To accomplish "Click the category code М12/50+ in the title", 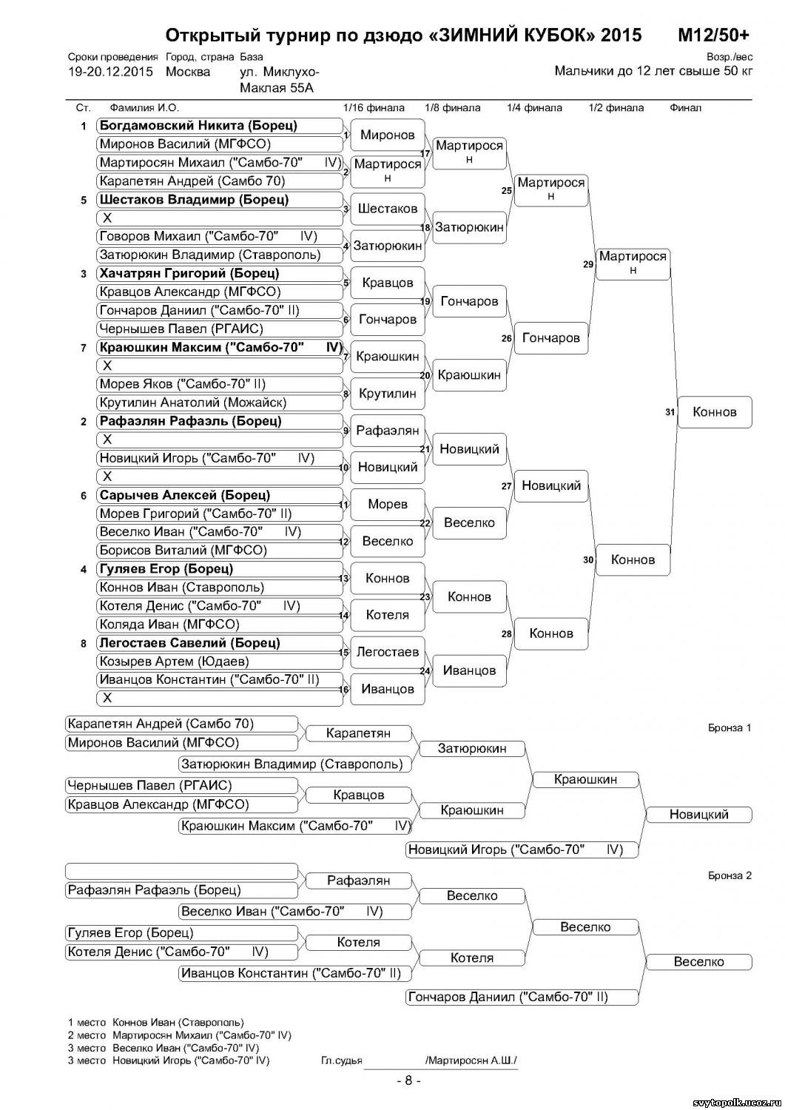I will pos(713,36).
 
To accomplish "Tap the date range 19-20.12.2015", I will pos(110,72).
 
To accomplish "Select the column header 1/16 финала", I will pos(374,108).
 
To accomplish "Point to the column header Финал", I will pos(685,108).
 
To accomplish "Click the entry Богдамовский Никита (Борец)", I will pos(198,126).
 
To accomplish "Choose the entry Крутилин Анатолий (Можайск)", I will pos(192,403).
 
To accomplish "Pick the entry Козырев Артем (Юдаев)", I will pos(174,662).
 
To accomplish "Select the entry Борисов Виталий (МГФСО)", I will pos(183,551).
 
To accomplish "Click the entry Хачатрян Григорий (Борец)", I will pos(189,274).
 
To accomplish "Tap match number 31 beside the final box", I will pos(670,412).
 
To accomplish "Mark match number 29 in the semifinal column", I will pos(588,264).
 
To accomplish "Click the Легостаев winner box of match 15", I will pos(388,652).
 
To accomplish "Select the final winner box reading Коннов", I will pos(715,412).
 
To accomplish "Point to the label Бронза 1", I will pos(730,728).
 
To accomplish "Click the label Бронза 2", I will pos(730,876).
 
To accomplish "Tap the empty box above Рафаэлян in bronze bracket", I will pos(181,871).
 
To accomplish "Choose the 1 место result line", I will pos(155,1023).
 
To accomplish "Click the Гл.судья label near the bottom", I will pos(342,1060).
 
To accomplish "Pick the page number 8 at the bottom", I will pos(408,1080).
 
